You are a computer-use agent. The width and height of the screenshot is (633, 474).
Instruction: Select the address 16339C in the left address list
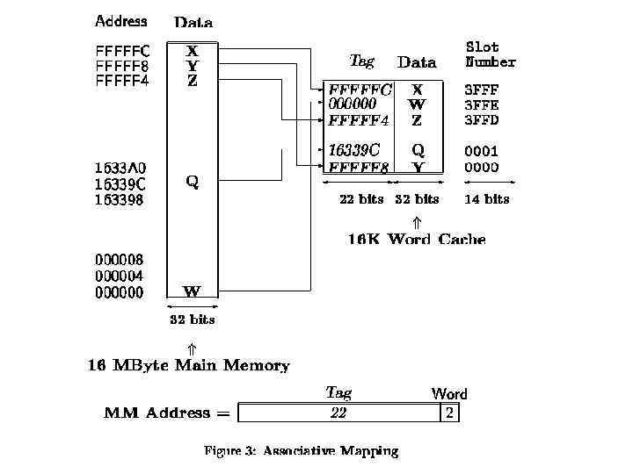120,183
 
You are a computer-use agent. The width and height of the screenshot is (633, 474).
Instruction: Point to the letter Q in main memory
192,182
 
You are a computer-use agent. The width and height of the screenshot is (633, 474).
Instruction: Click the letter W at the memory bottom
192,291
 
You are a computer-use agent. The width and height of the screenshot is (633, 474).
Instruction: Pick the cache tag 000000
352,104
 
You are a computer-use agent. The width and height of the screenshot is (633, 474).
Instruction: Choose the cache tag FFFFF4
358,120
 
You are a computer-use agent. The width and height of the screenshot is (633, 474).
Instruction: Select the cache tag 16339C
354,150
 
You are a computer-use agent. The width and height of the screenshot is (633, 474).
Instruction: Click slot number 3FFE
481,104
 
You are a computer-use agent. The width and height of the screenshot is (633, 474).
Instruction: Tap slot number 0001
481,151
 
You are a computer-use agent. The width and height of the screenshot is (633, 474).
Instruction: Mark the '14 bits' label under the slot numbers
486,199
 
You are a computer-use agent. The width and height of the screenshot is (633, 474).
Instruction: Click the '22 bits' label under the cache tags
361,199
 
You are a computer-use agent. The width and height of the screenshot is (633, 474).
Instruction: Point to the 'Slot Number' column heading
490,54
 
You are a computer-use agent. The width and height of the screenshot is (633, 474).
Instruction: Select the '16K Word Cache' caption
416,239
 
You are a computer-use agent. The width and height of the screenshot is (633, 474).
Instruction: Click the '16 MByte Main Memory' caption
188,365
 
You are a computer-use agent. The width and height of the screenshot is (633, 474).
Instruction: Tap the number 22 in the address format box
338,413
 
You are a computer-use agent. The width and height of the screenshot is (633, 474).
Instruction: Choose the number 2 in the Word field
449,413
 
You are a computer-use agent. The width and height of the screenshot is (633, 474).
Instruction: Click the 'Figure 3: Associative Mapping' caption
301,451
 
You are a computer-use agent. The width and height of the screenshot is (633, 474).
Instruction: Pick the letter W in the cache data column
417,104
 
